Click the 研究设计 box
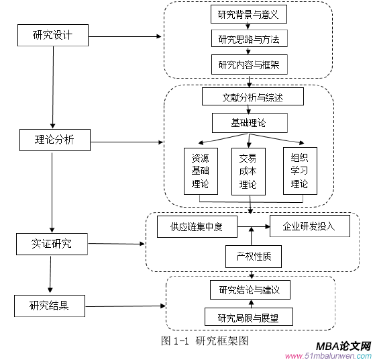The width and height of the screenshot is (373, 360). pyautogui.click(x=52, y=36)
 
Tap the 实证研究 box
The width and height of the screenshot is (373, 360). pyautogui.click(x=52, y=244)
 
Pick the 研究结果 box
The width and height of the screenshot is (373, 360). pyautogui.click(x=50, y=306)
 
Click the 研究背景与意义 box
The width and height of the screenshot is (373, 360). pyautogui.click(x=249, y=14)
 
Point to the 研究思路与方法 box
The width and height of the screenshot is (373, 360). pyautogui.click(x=249, y=39)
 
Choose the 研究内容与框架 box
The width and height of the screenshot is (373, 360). pyautogui.click(x=249, y=65)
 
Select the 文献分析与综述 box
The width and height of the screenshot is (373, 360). pyautogui.click(x=253, y=97)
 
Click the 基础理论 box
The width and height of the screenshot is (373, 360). pyautogui.click(x=250, y=123)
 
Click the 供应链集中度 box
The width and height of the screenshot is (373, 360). pyautogui.click(x=198, y=227)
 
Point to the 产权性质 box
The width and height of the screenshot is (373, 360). pyautogui.click(x=254, y=256)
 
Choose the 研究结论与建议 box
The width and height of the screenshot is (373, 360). pyautogui.click(x=250, y=291)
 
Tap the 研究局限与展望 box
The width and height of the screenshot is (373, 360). pyautogui.click(x=250, y=318)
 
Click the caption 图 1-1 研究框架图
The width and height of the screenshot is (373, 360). pyautogui.click(x=205, y=341)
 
